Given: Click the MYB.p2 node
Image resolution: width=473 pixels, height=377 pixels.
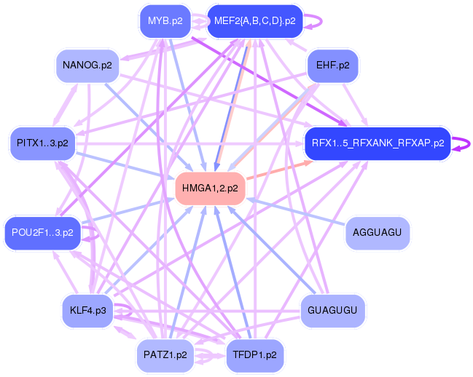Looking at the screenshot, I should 165,20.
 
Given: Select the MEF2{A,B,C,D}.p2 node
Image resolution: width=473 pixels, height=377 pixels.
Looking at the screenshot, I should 254,20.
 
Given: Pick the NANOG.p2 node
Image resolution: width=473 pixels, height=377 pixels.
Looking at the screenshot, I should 87,66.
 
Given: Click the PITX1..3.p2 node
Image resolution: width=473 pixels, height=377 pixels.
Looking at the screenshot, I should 42,142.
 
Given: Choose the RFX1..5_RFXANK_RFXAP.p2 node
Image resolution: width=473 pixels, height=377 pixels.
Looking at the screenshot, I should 378,143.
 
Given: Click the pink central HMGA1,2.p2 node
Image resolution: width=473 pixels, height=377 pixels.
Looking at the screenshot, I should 210,188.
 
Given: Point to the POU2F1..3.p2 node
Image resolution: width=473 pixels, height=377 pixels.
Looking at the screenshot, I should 42,233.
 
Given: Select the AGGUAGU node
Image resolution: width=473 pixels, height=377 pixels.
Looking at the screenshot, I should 377,233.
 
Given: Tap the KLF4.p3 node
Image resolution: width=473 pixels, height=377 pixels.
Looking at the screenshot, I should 87,311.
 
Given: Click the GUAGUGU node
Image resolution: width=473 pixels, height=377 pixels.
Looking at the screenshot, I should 332,311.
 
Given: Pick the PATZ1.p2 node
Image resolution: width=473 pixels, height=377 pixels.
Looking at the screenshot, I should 165,355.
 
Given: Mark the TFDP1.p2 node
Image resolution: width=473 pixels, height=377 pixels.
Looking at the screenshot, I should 254,355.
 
